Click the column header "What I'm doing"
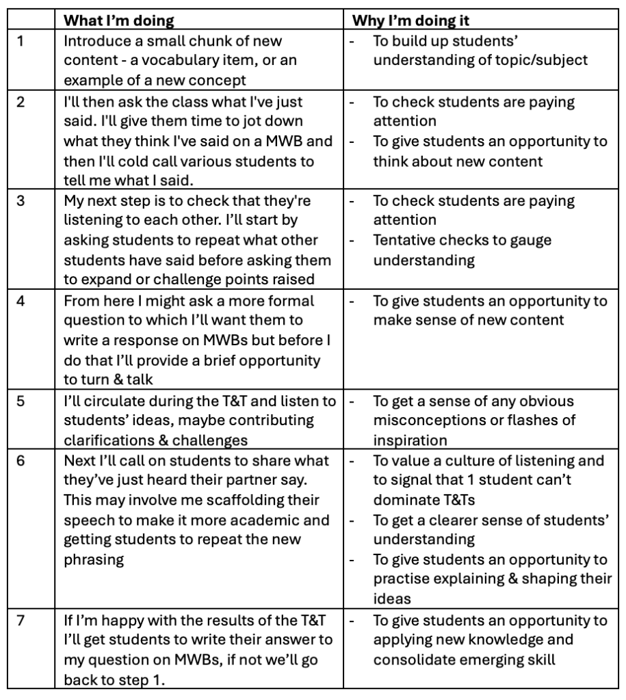point(119,21)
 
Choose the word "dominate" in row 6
point(404,500)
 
